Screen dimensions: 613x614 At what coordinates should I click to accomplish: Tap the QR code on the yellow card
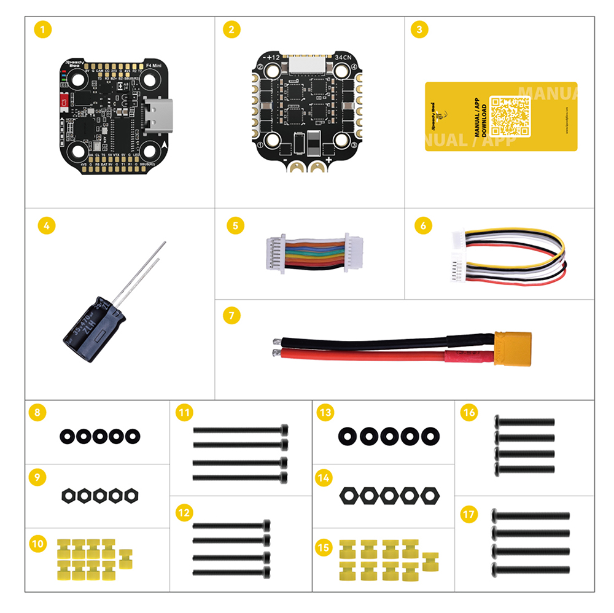click(510, 115)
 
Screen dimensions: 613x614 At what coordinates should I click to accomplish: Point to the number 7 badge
click(231, 316)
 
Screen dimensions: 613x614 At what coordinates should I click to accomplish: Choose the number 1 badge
click(42, 29)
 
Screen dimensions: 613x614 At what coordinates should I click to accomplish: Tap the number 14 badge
click(325, 477)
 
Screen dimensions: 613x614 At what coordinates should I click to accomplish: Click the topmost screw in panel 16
click(524, 422)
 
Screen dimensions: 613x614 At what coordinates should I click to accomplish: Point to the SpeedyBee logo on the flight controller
click(77, 65)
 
